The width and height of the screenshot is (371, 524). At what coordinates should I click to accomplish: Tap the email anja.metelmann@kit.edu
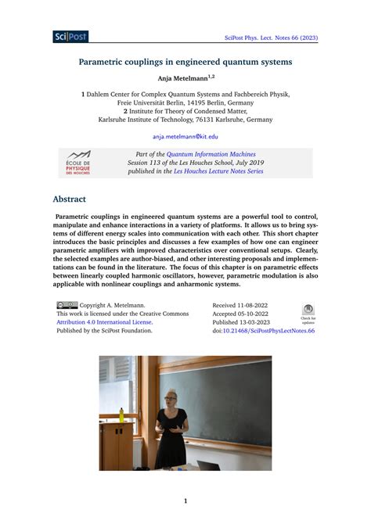185,136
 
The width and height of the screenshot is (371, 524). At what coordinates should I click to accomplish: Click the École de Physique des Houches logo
78,163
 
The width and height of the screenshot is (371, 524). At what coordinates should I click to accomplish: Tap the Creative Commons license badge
67,306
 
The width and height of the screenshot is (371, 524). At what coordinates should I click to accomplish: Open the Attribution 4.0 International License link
105,321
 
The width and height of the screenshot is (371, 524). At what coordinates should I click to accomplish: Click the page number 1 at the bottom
185,501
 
